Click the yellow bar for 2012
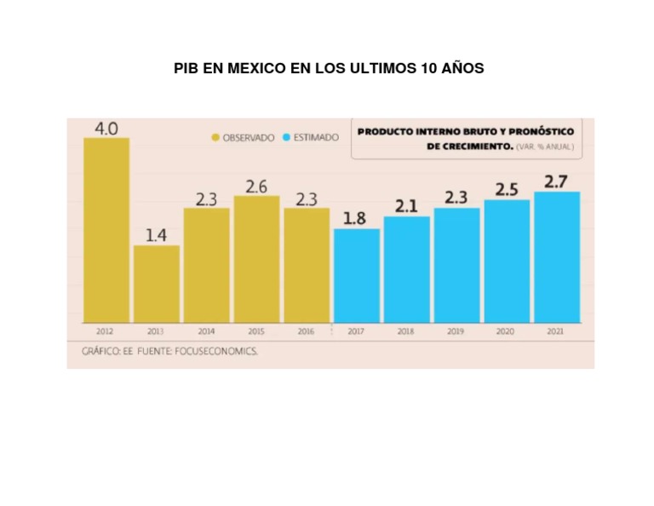[106, 230]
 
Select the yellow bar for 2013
[157, 284]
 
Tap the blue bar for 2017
[357, 275]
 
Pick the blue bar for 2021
[557, 256]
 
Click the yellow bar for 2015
[256, 259]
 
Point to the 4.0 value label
[106, 129]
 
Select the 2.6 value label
[256, 186]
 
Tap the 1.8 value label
[355, 219]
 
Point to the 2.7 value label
[556, 181]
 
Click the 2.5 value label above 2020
[507, 190]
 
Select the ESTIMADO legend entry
[311, 138]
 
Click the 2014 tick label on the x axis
[206, 331]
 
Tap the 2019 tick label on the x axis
[456, 331]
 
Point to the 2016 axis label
[306, 331]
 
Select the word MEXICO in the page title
[255, 68]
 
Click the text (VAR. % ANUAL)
[545, 147]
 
